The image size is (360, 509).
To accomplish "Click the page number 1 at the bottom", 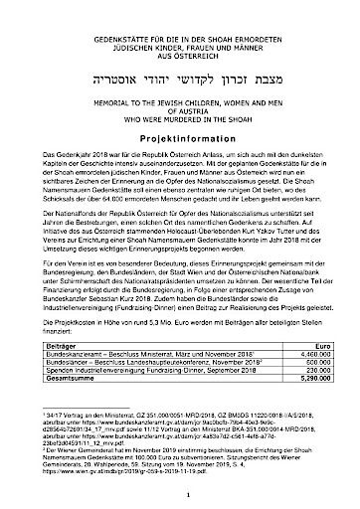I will click(x=180, y=490).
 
